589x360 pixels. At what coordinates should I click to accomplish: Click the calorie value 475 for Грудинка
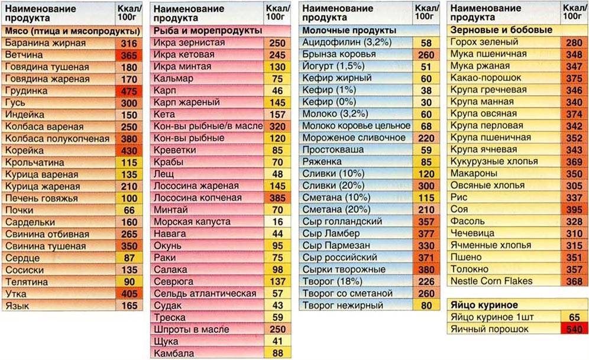point(128,91)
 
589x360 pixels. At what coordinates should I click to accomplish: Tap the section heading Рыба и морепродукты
point(207,30)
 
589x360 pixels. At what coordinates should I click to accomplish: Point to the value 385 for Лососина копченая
point(277,198)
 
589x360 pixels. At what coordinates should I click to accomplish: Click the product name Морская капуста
point(187,222)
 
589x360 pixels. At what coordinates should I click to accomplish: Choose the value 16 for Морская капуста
point(277,222)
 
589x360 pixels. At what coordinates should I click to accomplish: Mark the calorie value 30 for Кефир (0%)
point(426,102)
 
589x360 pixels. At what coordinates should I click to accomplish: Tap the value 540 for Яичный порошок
point(574,329)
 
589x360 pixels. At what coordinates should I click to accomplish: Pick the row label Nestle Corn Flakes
point(491,281)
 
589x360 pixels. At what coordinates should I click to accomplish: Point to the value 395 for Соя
point(574,210)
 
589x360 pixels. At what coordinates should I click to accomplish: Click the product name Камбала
point(174,353)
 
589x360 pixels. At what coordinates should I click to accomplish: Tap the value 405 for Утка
point(128,294)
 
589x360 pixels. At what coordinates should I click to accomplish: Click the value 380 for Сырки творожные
point(426,270)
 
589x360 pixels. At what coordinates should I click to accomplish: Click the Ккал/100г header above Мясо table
point(128,12)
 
